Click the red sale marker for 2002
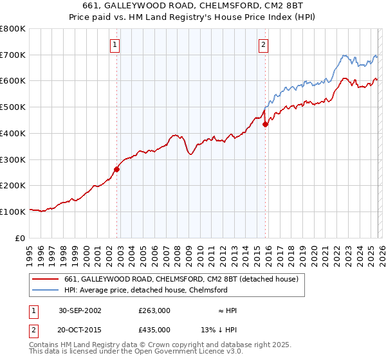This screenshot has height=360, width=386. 117,169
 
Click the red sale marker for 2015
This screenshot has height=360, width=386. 266,124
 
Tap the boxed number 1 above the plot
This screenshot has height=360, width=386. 115,44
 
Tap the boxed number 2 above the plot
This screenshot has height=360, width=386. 263,44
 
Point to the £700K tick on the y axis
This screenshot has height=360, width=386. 13,55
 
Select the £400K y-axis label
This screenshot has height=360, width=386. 13,133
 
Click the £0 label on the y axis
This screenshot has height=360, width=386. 21,237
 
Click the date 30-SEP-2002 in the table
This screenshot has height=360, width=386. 78,310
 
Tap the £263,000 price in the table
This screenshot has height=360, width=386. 154,310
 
